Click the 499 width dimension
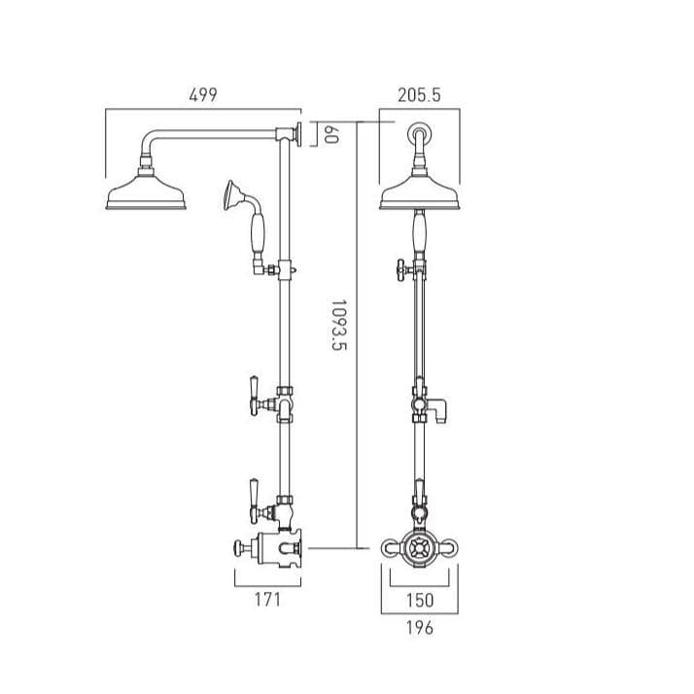point(202,94)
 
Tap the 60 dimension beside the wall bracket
point(330,135)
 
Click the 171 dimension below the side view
point(266,600)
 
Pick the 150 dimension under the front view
point(420,600)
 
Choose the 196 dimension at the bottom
point(420,628)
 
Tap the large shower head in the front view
point(420,194)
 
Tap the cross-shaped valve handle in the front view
point(420,548)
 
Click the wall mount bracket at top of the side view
point(303,133)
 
